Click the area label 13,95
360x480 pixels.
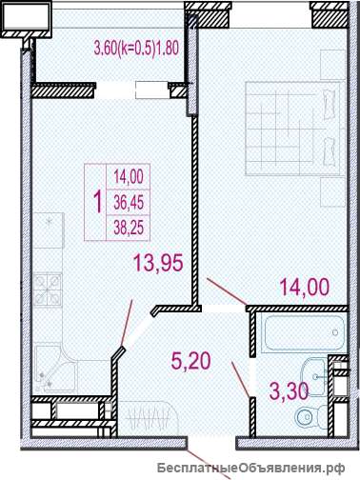(159, 263)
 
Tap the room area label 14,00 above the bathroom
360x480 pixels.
(305, 288)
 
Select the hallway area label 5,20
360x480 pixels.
(190, 361)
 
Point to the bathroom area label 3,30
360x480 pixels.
(289, 390)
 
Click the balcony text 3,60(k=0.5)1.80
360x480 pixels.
(136, 49)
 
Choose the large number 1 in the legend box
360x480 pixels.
(98, 202)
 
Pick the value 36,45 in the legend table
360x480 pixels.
(129, 202)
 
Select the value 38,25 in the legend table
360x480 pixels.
(129, 228)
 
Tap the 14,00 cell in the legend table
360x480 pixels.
(129, 176)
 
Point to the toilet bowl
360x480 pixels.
(310, 415)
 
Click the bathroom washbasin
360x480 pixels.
(313, 377)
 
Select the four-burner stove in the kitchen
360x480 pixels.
(48, 290)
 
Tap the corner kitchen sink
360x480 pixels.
(56, 369)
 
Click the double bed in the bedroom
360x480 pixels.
(293, 129)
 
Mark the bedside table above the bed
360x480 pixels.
(332, 65)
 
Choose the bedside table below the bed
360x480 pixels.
(332, 192)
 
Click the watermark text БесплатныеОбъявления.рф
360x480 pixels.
(251, 468)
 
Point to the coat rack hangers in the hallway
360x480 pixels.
(147, 420)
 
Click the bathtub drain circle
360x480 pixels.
(335, 332)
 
